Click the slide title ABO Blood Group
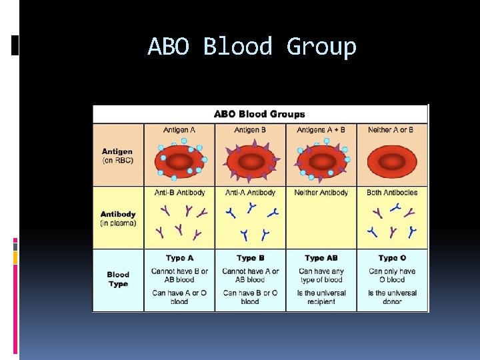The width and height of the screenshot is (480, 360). tap(252, 47)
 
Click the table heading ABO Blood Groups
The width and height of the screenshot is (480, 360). tap(259, 114)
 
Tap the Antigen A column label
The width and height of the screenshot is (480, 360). tap(179, 129)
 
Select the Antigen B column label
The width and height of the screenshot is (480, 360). tap(250, 129)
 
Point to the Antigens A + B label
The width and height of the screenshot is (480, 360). tap(321, 129)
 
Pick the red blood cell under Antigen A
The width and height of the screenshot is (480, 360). tap(180, 161)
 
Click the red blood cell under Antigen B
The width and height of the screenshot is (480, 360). tap(251, 161)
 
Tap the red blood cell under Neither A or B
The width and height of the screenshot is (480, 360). tap(392, 161)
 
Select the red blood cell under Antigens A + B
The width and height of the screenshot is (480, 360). tap(321, 161)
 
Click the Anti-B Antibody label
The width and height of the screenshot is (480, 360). tap(179, 193)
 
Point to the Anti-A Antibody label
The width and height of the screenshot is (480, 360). tap(250, 193)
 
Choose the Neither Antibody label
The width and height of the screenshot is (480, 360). tap(321, 193)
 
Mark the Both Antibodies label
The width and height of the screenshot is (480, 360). tap(392, 193)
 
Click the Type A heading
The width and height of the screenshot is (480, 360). tap(179, 258)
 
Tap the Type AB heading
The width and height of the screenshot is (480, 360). tap(321, 258)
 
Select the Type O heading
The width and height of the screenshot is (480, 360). tap(392, 258)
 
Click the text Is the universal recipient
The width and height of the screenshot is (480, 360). tap(321, 297)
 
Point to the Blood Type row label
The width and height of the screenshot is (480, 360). tap(118, 279)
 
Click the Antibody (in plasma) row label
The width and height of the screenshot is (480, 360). tap(118, 219)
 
